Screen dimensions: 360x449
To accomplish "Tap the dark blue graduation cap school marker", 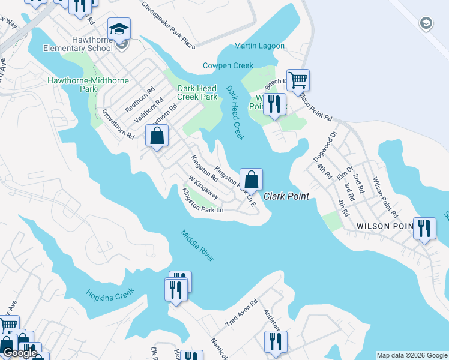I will click(119, 29).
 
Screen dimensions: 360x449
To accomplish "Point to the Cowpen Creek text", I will click(228, 65).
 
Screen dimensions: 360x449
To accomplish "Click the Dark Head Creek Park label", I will click(197, 92).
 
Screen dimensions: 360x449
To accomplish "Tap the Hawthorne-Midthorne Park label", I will click(72, 84).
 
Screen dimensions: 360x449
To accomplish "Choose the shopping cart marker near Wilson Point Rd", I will click(298, 79).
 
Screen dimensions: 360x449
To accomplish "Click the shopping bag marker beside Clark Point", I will click(252, 179).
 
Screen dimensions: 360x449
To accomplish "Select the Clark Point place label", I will click(286, 196).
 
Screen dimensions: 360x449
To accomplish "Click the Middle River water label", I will click(197, 245).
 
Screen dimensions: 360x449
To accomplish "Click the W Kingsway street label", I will click(203, 187).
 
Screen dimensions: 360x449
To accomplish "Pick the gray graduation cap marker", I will click(426, 23).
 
